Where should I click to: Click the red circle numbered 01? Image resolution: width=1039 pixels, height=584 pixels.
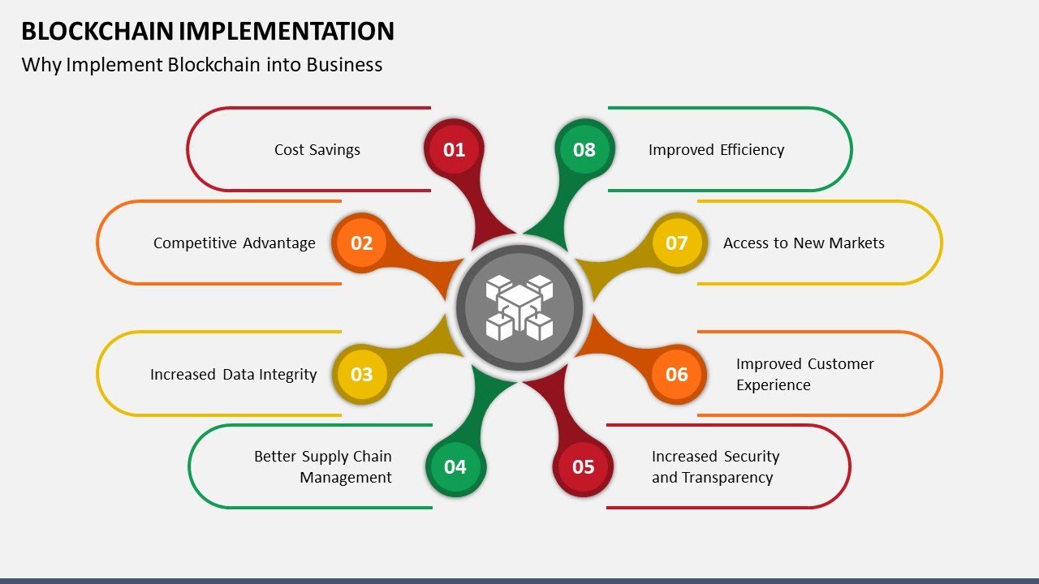coord(454,149)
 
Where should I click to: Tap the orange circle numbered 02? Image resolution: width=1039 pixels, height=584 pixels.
coord(361,243)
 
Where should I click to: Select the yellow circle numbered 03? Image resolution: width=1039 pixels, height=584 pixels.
coord(361,374)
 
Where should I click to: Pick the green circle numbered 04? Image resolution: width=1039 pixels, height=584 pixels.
coord(455,466)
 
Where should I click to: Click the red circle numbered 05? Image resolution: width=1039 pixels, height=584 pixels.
coord(583,466)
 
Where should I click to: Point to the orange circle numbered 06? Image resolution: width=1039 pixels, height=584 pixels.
coord(676,374)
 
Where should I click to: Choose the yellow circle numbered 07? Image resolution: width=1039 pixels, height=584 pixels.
coord(676,243)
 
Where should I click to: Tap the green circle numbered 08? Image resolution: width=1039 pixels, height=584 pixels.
coord(584,149)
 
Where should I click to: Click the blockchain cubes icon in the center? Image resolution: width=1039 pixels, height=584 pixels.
coord(519,308)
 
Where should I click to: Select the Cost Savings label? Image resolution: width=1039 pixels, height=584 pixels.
coord(317,149)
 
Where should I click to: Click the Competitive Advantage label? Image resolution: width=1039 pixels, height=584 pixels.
coord(234,243)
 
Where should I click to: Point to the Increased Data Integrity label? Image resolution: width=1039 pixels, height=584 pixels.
coord(233,374)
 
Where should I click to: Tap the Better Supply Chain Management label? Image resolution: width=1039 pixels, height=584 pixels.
coord(323,466)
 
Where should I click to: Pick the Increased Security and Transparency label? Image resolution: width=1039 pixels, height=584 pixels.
coord(714,466)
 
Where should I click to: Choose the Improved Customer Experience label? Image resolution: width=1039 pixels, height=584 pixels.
coord(804,374)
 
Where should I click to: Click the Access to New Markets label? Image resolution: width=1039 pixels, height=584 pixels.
coord(804,243)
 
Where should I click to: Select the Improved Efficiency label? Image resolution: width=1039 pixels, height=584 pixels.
coord(716,149)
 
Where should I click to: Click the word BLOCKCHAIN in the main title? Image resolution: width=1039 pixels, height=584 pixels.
coord(97,31)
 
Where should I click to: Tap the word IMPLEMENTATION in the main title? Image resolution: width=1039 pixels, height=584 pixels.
coord(287,31)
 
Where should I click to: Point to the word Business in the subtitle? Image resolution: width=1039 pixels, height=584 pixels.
coord(344,65)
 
